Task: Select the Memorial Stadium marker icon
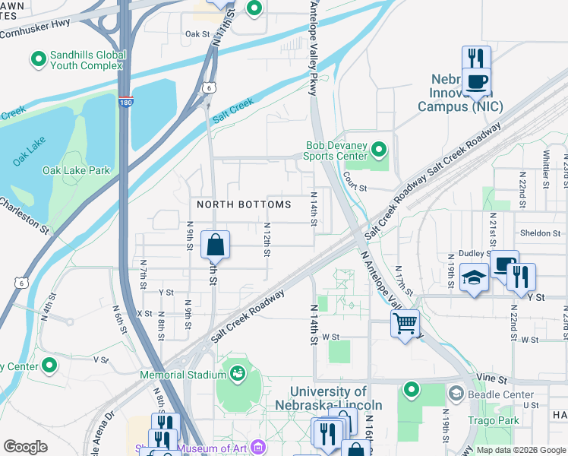238,374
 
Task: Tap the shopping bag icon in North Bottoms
215,245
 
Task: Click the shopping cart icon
405,324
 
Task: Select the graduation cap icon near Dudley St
474,277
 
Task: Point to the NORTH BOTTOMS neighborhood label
244,205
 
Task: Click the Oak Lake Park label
76,170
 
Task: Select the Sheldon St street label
539,233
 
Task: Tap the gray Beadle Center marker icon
456,394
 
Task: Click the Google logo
25,447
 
